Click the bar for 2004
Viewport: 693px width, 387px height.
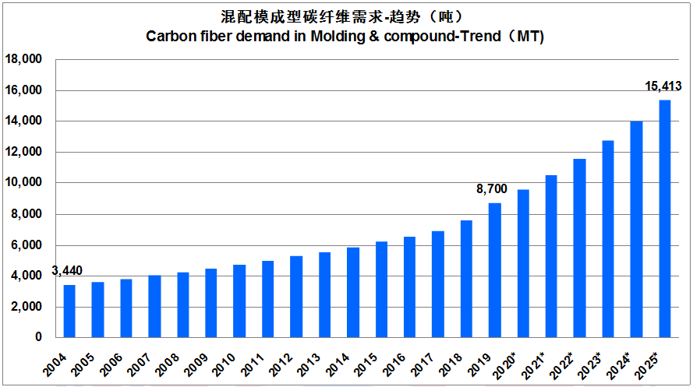(x=69, y=311)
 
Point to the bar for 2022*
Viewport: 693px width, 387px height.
(x=580, y=248)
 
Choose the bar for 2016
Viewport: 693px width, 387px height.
(x=410, y=287)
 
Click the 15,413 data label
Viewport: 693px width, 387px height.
(x=664, y=86)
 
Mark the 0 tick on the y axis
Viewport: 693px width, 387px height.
(x=36, y=338)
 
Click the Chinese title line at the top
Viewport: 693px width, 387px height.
(x=345, y=16)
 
